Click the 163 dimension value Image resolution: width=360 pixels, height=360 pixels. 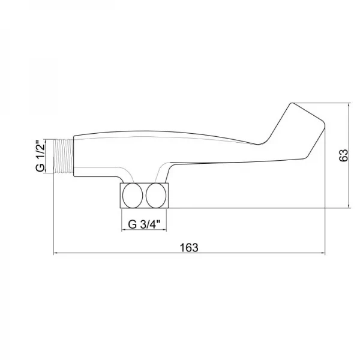tap(189, 247)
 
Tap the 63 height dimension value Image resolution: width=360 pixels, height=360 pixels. tap(344, 155)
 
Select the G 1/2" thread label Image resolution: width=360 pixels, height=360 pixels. tap(40, 155)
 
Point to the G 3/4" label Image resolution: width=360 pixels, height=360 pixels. tap(144, 224)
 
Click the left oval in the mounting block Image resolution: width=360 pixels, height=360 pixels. tap(133, 196)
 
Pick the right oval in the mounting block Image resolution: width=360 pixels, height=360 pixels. tap(156, 196)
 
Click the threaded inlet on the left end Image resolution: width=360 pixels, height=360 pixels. tap(64, 156)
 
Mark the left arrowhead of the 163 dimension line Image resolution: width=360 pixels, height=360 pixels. tap(56, 253)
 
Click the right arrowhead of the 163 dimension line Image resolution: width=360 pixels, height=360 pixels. tap(323, 253)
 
